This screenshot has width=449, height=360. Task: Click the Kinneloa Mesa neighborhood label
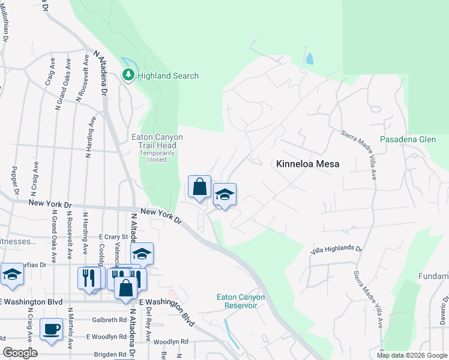(x=308, y=163)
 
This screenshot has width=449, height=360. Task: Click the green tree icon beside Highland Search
(x=128, y=75)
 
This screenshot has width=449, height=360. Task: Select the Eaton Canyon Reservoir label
(x=237, y=301)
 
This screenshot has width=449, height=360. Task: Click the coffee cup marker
(x=51, y=329)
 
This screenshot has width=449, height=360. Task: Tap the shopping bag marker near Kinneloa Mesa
(x=199, y=187)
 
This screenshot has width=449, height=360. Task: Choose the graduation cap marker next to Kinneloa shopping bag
(x=224, y=195)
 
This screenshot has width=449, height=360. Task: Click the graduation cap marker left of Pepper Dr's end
(x=12, y=274)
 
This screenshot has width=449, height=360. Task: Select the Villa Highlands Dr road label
(x=337, y=249)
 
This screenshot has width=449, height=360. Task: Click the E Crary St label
(x=114, y=236)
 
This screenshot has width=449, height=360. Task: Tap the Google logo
(x=20, y=353)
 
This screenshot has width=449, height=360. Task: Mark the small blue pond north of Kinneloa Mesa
(x=309, y=59)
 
